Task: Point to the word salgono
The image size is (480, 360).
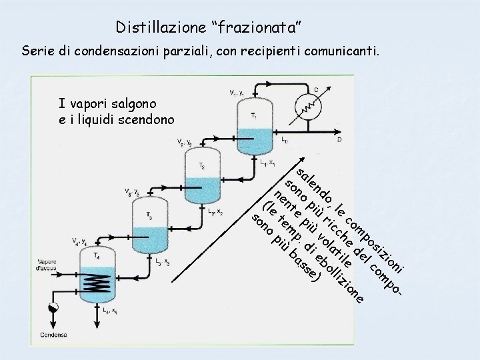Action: [x=143, y=104]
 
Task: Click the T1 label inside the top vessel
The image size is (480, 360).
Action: [x=254, y=115]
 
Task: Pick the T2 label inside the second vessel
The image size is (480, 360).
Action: [x=202, y=165]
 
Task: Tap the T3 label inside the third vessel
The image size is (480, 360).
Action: [x=149, y=215]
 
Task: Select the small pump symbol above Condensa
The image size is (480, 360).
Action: [x=53, y=307]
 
